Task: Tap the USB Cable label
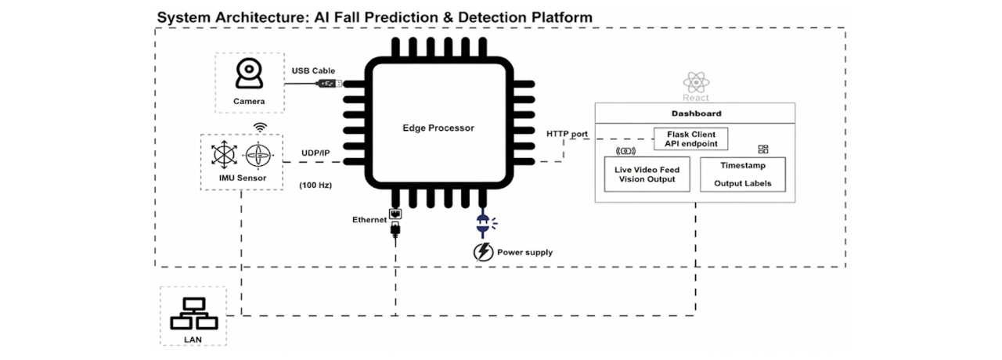point(313,70)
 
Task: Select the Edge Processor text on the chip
point(438,128)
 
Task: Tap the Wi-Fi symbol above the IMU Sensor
point(259,126)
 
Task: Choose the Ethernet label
point(369,220)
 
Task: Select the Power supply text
point(526,252)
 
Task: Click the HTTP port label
point(567,134)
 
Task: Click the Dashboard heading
point(696,113)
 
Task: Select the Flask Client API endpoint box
point(691,139)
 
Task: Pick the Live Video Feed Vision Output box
point(647,174)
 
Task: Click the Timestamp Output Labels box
point(745,174)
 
